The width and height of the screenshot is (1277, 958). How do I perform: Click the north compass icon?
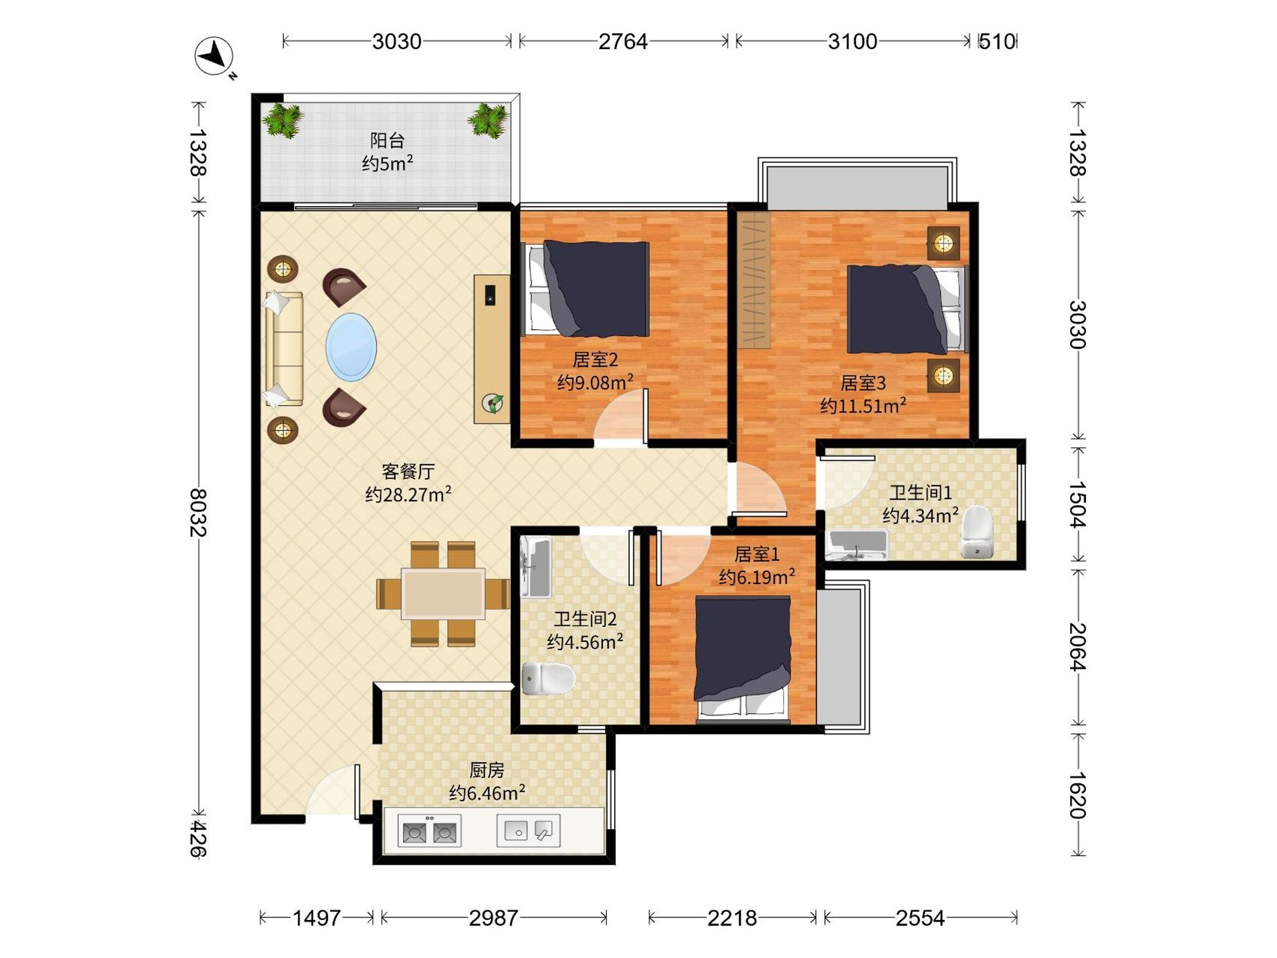click(214, 56)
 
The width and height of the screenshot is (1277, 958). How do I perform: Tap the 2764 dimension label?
click(623, 42)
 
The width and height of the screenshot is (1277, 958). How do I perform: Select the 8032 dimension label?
click(198, 512)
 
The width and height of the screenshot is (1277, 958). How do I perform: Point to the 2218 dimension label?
click(732, 918)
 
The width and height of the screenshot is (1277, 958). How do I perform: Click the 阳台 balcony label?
click(387, 141)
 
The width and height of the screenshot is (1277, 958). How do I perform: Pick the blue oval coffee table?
click(351, 347)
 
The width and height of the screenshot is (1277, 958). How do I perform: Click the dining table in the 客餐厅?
click(443, 593)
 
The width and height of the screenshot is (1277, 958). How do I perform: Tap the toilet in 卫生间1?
click(976, 532)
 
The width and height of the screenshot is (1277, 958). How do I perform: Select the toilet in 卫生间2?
click(549, 678)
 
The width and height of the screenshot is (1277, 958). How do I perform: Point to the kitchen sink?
click(529, 830)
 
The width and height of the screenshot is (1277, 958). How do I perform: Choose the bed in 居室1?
click(742, 659)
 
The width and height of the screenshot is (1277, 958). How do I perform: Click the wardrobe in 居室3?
click(754, 280)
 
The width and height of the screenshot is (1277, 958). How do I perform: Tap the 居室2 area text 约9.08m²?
click(595, 382)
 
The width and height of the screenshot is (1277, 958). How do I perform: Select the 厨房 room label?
click(487, 770)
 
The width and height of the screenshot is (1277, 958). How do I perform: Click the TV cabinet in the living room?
click(492, 349)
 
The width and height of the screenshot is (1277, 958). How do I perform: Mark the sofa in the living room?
click(284, 349)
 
